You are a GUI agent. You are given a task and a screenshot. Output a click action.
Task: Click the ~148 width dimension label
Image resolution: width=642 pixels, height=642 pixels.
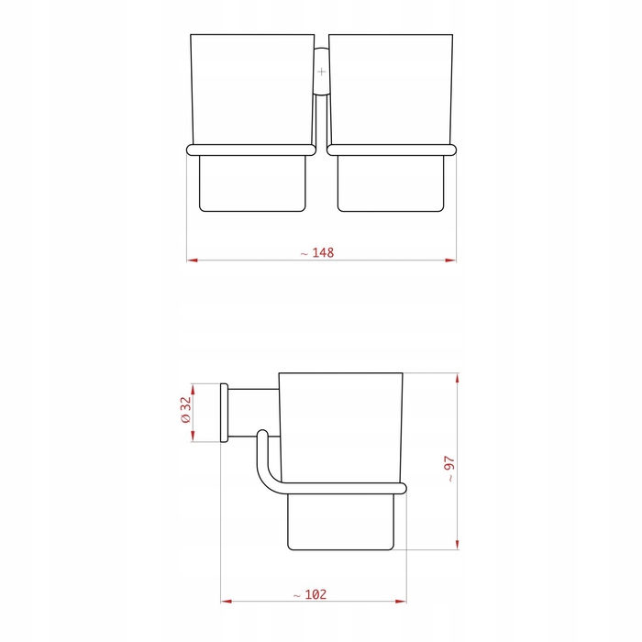point(317,252)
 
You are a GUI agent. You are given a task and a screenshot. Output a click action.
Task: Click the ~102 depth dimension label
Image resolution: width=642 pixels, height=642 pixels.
point(310,594)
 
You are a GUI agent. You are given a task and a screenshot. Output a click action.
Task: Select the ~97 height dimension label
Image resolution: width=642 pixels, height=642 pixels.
point(449,470)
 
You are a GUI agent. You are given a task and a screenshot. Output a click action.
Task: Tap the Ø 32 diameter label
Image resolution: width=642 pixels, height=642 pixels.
point(185,409)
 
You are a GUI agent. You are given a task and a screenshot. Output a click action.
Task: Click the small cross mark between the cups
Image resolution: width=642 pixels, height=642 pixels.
point(321,72)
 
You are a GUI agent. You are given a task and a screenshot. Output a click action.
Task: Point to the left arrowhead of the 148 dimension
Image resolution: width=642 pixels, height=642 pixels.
point(192,260)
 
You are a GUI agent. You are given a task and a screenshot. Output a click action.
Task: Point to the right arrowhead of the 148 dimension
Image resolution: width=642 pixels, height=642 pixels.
point(450,260)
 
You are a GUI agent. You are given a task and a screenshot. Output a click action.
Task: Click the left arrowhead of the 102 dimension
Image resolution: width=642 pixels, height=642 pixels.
point(226,602)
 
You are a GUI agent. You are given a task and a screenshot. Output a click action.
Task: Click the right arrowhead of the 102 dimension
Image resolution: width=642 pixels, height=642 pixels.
point(401,602)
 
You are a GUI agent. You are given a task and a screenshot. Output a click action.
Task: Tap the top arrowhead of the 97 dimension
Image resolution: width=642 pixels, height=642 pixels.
point(457,378)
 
